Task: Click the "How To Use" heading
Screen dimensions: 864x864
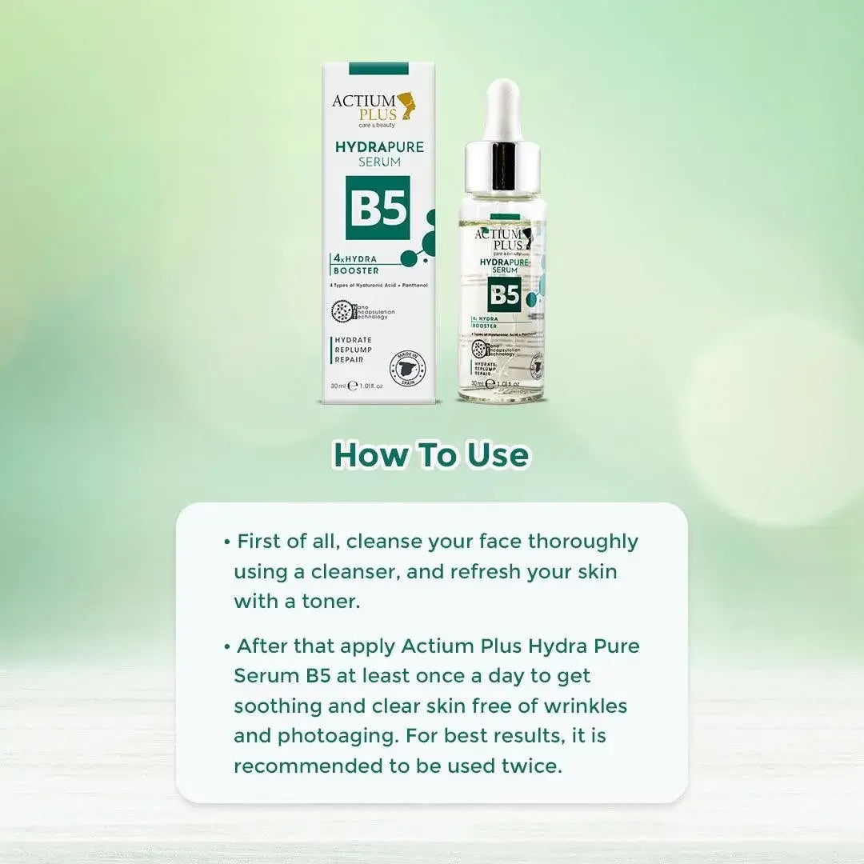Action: [x=431, y=454]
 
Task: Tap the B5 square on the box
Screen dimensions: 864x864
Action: [x=378, y=208]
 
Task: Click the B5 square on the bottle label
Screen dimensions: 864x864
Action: [x=504, y=295]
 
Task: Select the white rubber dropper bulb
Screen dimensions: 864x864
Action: [x=502, y=108]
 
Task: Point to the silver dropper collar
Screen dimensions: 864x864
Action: [x=502, y=166]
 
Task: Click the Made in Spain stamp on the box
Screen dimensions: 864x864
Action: [x=407, y=368]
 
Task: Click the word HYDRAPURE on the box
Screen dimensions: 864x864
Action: [x=379, y=147]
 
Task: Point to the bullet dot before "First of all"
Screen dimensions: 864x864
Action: [x=227, y=542]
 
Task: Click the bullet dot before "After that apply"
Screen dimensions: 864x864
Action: [x=227, y=646]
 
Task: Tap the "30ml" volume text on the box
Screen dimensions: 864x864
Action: [x=338, y=386]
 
